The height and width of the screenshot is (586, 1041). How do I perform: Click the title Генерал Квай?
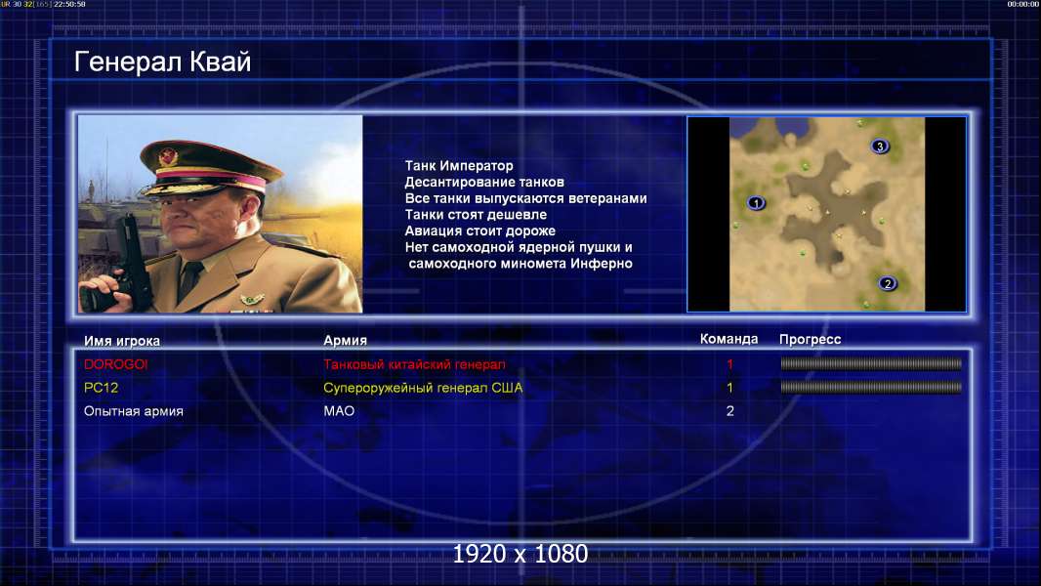click(x=163, y=62)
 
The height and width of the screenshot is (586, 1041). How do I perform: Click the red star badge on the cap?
click(x=169, y=157)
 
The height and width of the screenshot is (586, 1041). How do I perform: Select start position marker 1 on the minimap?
click(x=756, y=203)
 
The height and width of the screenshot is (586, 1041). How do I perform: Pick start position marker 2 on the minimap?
click(x=888, y=284)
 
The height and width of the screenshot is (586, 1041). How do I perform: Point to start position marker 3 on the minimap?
click(x=880, y=146)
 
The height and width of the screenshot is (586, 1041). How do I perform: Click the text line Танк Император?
click(x=459, y=166)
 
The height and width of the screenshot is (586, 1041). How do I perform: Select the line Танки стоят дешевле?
click(x=476, y=214)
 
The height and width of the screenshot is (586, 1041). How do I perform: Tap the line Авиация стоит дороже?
click(x=480, y=230)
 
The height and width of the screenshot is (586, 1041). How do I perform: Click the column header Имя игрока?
click(x=121, y=341)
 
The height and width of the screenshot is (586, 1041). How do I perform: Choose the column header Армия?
click(x=346, y=340)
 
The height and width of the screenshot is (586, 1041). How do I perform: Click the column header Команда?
click(x=729, y=339)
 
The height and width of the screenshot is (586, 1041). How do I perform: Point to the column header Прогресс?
click(x=810, y=339)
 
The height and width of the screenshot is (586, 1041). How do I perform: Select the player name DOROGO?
click(x=115, y=364)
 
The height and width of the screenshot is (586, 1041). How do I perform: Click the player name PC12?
click(x=101, y=388)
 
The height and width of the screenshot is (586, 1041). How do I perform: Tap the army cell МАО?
click(x=339, y=411)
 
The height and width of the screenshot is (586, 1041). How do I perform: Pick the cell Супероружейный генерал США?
click(x=423, y=388)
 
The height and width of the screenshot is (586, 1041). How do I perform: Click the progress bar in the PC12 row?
click(x=871, y=387)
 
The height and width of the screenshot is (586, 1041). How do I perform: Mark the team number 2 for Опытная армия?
click(x=730, y=411)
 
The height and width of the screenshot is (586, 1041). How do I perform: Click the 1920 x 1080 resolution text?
click(x=520, y=554)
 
